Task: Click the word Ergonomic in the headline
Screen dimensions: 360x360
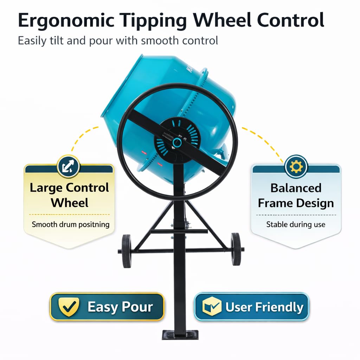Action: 66,21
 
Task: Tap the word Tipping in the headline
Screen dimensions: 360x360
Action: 154,21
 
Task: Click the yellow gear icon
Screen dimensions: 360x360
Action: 296,166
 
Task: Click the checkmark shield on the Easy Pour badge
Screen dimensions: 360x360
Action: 69,307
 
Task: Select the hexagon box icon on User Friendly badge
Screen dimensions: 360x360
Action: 212,307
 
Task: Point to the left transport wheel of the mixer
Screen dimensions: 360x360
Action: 127,251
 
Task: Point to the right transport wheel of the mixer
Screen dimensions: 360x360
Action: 236,249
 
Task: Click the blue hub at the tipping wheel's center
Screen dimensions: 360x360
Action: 177,142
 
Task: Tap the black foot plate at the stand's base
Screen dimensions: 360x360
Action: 180,335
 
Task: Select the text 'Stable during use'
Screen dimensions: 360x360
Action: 296,224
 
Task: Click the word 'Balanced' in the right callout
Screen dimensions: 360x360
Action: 296,188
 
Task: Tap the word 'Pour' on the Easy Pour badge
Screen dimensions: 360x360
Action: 137,307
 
